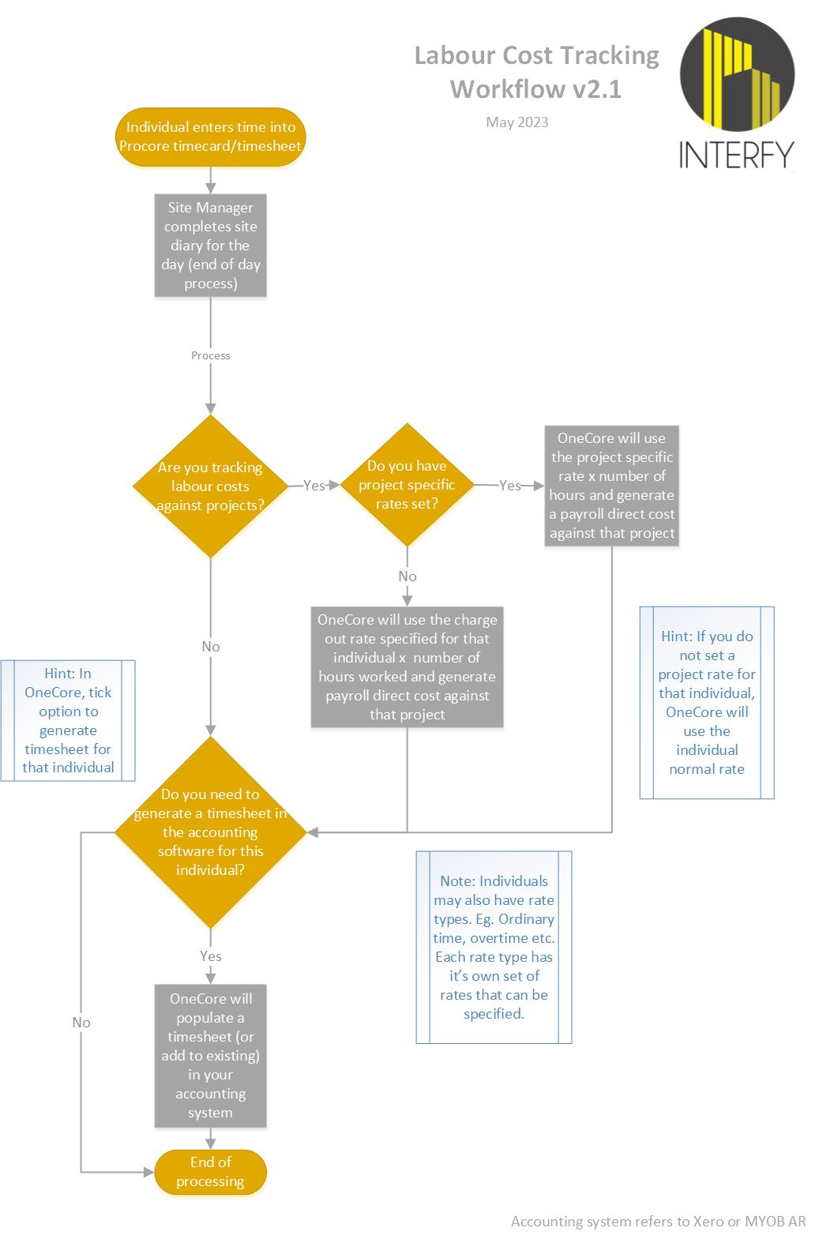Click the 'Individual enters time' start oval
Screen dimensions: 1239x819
[210, 137]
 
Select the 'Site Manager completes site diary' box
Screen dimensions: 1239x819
[210, 246]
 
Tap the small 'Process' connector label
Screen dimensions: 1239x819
[210, 355]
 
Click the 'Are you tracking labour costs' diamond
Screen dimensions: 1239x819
[210, 486]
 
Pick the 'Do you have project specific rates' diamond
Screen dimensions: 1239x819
[407, 484]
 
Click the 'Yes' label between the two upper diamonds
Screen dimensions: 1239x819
[314, 486]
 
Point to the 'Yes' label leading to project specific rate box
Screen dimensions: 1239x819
[510, 486]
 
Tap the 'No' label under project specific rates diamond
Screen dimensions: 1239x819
[407, 576]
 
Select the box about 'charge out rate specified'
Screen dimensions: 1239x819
[407, 666]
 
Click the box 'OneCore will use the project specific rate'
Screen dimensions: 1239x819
[611, 486]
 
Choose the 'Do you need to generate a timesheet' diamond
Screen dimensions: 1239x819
[210, 832]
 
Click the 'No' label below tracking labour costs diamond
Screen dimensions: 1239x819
[210, 647]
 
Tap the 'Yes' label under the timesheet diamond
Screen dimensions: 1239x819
[210, 956]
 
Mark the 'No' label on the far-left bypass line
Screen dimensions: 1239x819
[81, 1023]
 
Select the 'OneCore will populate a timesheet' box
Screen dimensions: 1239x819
[210, 1055]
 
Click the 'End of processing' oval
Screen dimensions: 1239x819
[210, 1172]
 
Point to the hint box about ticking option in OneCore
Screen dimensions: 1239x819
[68, 720]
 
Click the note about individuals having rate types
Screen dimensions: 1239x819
[494, 947]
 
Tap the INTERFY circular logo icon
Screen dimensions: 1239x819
[737, 75]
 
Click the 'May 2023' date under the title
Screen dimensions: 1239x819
[517, 122]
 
